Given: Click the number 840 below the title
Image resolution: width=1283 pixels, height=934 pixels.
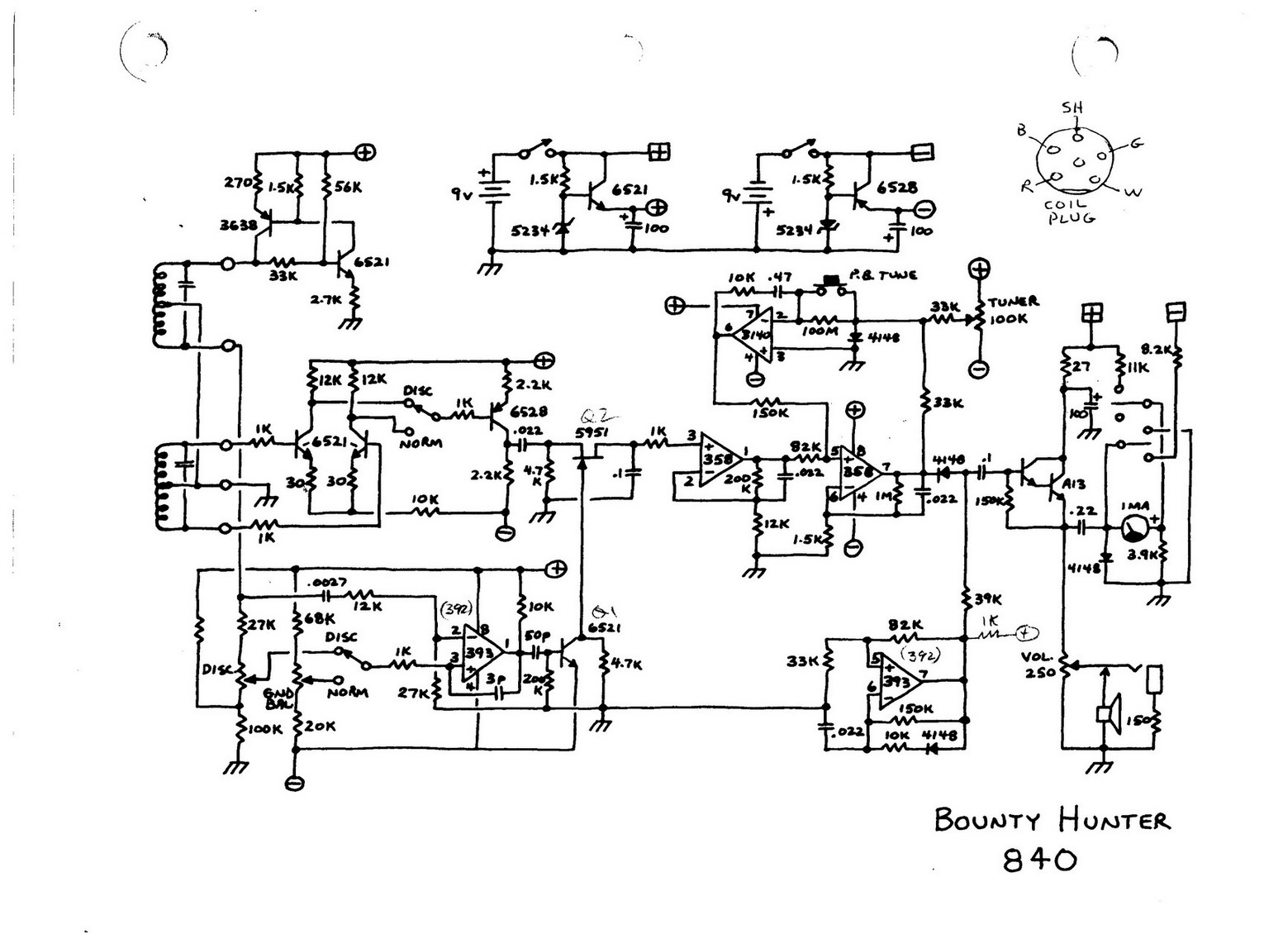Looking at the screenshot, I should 1040,860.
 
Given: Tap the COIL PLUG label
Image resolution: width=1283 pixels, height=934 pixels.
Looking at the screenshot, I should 1070,212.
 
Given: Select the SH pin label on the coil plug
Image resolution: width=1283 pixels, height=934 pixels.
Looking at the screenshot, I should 1072,107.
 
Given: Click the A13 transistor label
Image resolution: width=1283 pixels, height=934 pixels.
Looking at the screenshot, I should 1075,484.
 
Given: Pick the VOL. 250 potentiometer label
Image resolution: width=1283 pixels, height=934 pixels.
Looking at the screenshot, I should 1038,665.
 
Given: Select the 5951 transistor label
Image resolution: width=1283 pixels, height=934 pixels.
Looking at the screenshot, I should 592,431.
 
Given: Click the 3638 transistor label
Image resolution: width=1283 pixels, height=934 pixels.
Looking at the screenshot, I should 239,224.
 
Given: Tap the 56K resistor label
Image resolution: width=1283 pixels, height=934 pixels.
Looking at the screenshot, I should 347,188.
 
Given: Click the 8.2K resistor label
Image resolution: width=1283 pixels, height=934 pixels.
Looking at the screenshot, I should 1157,350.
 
